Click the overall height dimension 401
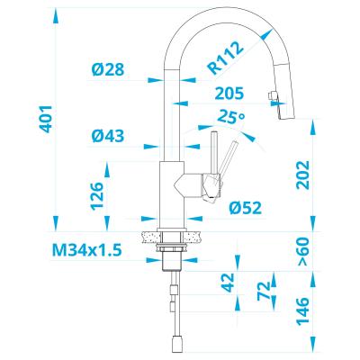(x=47, y=119)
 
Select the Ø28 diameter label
(x=108, y=69)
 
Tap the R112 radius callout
(x=226, y=58)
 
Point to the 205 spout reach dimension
(x=229, y=94)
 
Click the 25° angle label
(x=231, y=116)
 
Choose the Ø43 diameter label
(x=108, y=136)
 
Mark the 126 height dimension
(x=97, y=195)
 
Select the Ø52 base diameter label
(x=246, y=208)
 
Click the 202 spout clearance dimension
(x=302, y=175)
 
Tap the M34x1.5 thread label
(x=87, y=250)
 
